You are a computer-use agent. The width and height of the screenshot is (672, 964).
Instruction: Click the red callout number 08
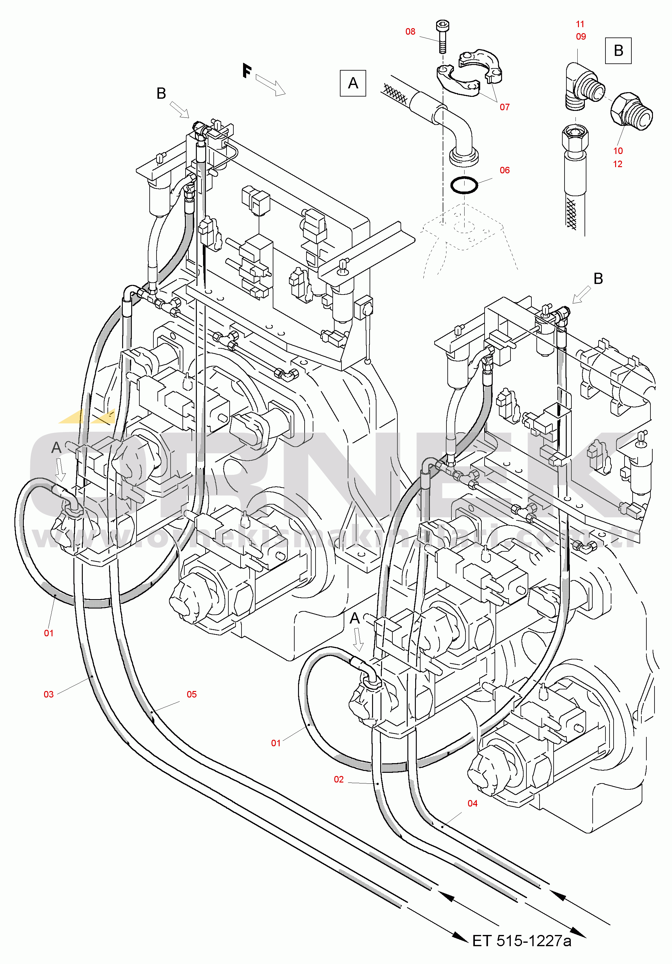(x=410, y=32)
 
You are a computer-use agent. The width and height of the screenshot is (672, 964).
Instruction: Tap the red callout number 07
(x=505, y=107)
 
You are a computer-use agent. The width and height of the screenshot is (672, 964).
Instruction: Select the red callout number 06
(x=505, y=170)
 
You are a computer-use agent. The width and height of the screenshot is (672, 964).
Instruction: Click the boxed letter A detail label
(x=353, y=83)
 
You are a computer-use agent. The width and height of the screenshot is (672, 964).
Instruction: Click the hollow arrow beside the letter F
(x=271, y=85)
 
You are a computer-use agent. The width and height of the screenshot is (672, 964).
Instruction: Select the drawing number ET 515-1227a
(x=522, y=941)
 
